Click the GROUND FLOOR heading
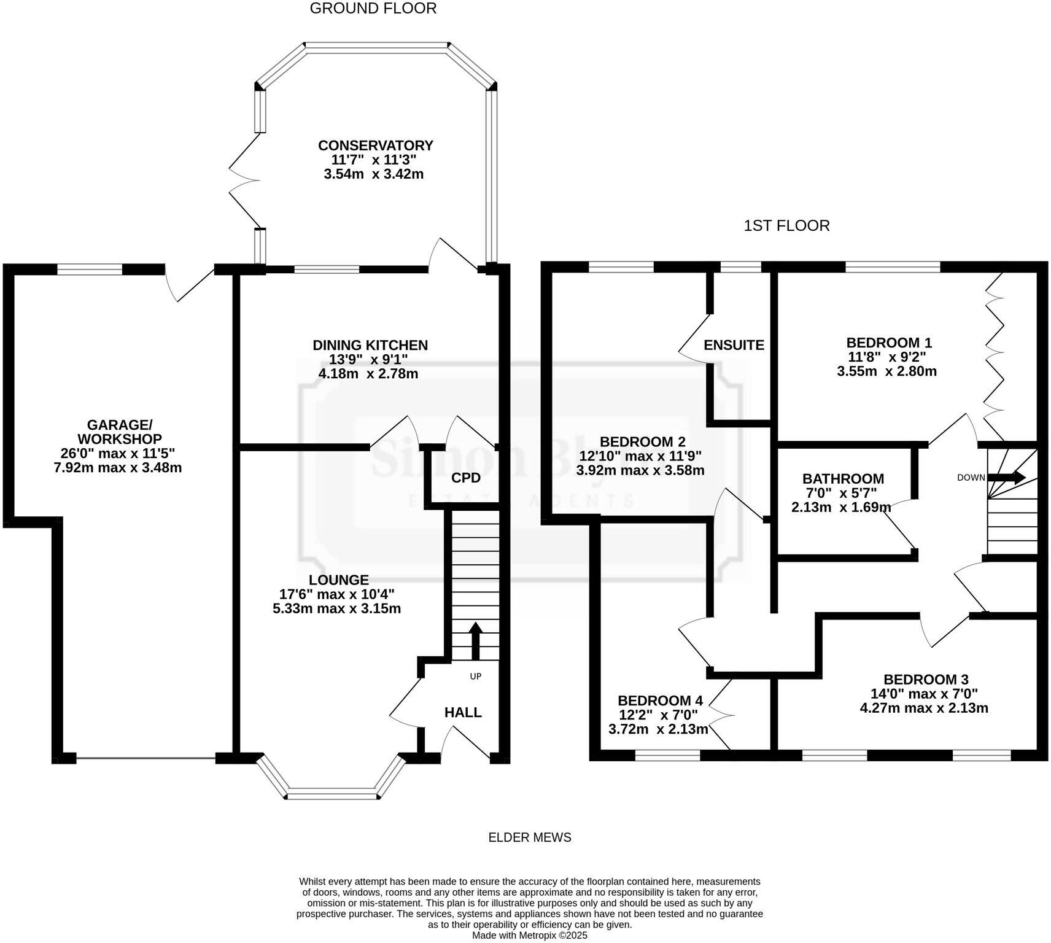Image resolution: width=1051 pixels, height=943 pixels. [373, 9]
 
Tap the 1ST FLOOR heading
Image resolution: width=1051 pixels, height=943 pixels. [786, 226]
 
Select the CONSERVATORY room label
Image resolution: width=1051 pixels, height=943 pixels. [375, 146]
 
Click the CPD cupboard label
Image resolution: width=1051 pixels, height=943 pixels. [465, 478]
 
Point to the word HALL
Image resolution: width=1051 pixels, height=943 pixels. [463, 712]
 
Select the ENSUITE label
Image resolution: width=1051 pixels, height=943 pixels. [734, 345]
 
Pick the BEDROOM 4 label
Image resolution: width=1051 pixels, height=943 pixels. [660, 700]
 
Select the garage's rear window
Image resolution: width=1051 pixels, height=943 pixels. [90, 269]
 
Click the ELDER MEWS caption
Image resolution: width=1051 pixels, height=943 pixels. [529, 837]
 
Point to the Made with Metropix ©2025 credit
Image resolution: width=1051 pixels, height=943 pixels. [529, 935]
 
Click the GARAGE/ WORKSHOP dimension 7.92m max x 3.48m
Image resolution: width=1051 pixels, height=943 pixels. [118, 468]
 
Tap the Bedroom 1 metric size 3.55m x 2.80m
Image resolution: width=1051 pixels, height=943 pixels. [886, 371]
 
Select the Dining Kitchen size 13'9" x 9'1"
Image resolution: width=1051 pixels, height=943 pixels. [369, 359]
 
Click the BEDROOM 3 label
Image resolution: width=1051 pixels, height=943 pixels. [926, 680]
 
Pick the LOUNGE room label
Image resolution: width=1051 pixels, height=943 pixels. [338, 580]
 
